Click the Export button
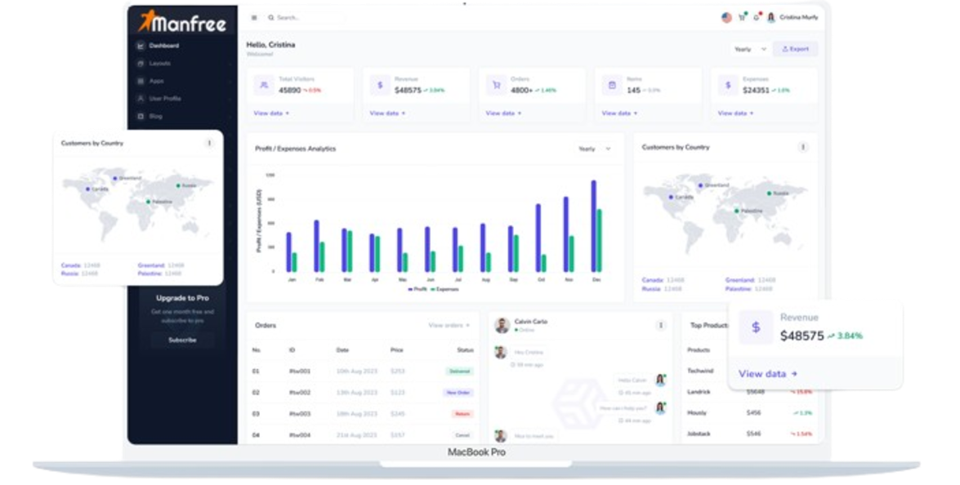click(795, 49)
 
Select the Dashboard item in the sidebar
click(164, 46)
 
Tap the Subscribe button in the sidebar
click(182, 340)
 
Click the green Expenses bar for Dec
click(599, 240)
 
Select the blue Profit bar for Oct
click(538, 238)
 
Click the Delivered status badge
click(459, 372)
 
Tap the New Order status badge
click(458, 393)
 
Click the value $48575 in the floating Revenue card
click(801, 336)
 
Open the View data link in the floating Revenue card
click(767, 374)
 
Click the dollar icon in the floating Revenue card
click(756, 327)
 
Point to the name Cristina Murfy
click(798, 17)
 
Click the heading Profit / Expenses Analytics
click(295, 149)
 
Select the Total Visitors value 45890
click(289, 90)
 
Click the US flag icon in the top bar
click(726, 17)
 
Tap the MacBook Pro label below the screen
click(476, 452)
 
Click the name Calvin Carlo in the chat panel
click(531, 322)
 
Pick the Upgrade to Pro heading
click(181, 298)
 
